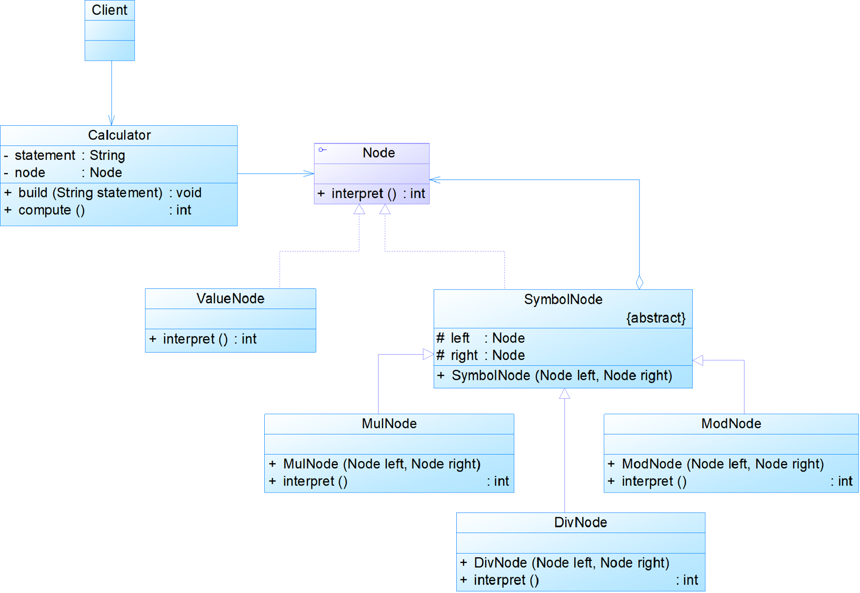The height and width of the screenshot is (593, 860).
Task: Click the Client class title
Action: tap(109, 10)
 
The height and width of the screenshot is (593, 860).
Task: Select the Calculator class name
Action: tap(119, 135)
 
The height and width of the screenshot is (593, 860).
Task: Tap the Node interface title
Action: tap(378, 153)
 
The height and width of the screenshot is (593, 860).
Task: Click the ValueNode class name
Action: tap(230, 299)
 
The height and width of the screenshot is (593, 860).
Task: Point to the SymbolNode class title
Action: tap(563, 300)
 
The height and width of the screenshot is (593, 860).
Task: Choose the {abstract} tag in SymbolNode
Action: tap(656, 318)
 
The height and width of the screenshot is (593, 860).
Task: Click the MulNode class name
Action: tap(389, 424)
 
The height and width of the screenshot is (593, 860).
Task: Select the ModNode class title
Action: tap(731, 424)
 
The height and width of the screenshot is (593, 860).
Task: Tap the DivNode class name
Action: tap(580, 522)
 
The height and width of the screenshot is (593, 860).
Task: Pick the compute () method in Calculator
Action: tap(52, 210)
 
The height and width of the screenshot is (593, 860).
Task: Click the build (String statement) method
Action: tap(90, 193)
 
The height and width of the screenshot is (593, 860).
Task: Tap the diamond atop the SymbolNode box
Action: tap(639, 283)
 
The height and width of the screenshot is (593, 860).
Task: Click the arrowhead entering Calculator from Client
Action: tap(112, 120)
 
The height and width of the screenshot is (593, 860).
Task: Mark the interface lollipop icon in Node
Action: tap(323, 150)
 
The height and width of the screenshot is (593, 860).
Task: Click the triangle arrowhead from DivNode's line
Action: tap(565, 394)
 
